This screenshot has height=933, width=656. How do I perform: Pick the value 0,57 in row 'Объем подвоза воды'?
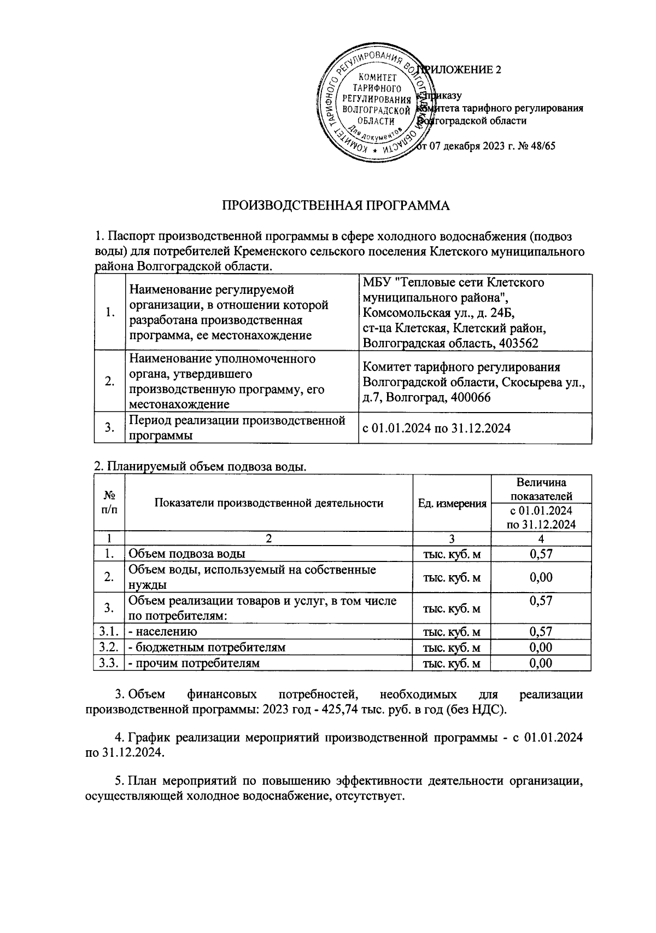pyautogui.click(x=541, y=554)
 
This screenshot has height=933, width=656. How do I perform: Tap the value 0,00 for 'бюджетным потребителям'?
pyautogui.click(x=541, y=647)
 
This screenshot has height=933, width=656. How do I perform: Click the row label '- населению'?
pyautogui.click(x=162, y=631)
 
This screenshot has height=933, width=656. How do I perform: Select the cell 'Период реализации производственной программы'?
pyautogui.click(x=237, y=428)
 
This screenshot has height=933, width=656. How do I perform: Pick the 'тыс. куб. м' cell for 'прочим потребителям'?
pyautogui.click(x=452, y=663)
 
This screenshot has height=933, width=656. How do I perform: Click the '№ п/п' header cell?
pyautogui.click(x=109, y=502)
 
